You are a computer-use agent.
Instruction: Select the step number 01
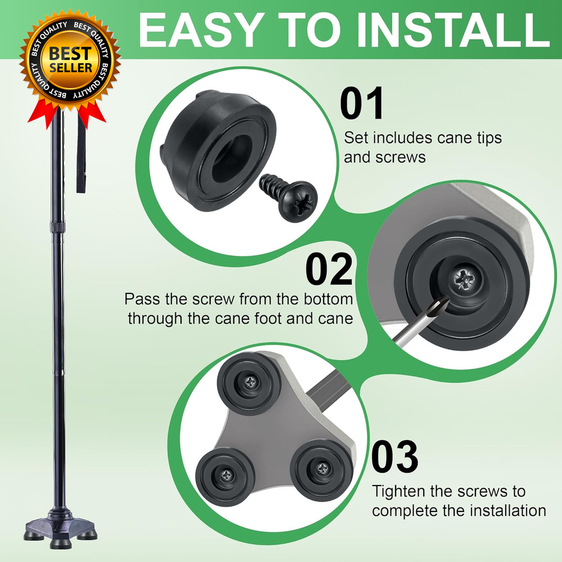coord(362,103)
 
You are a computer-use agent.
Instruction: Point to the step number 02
coord(329,269)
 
